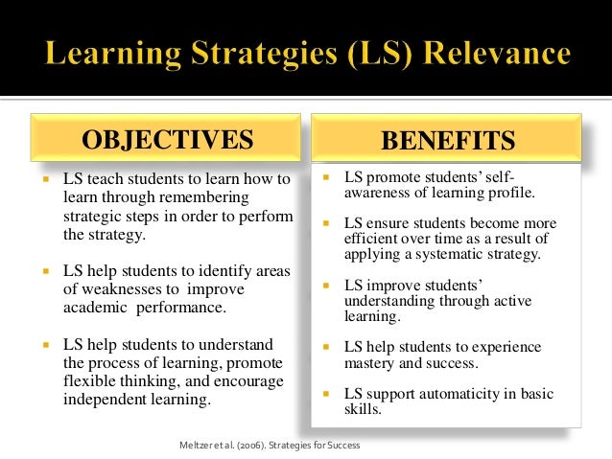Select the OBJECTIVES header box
point(168,140)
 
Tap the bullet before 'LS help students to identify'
point(44,272)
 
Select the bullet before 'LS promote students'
point(325,178)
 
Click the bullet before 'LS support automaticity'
point(325,393)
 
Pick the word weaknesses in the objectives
point(134,289)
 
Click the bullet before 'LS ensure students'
point(325,223)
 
